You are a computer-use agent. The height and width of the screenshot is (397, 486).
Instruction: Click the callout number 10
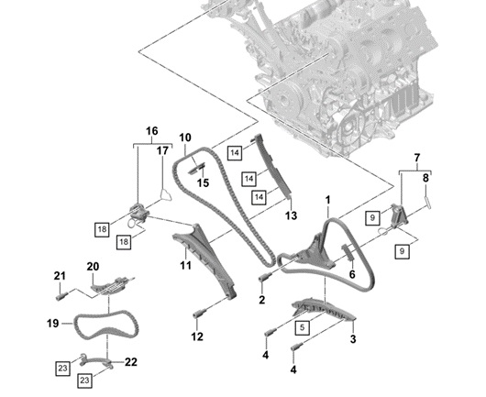tap(185, 138)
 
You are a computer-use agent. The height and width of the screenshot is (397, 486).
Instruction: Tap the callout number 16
tap(152, 131)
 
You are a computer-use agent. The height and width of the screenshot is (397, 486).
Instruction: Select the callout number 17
tap(162, 150)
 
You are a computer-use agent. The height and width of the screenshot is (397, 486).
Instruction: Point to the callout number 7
tap(417, 158)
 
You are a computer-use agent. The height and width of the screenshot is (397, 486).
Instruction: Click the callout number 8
tap(425, 178)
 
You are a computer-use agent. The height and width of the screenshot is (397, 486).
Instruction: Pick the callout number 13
tap(291, 215)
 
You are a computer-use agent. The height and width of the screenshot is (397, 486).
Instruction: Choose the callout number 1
tap(327, 200)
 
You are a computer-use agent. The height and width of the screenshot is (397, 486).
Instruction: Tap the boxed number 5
tap(303, 327)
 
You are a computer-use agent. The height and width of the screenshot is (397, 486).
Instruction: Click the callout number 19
tap(52, 324)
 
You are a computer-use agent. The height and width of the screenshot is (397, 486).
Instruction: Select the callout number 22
tap(131, 361)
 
